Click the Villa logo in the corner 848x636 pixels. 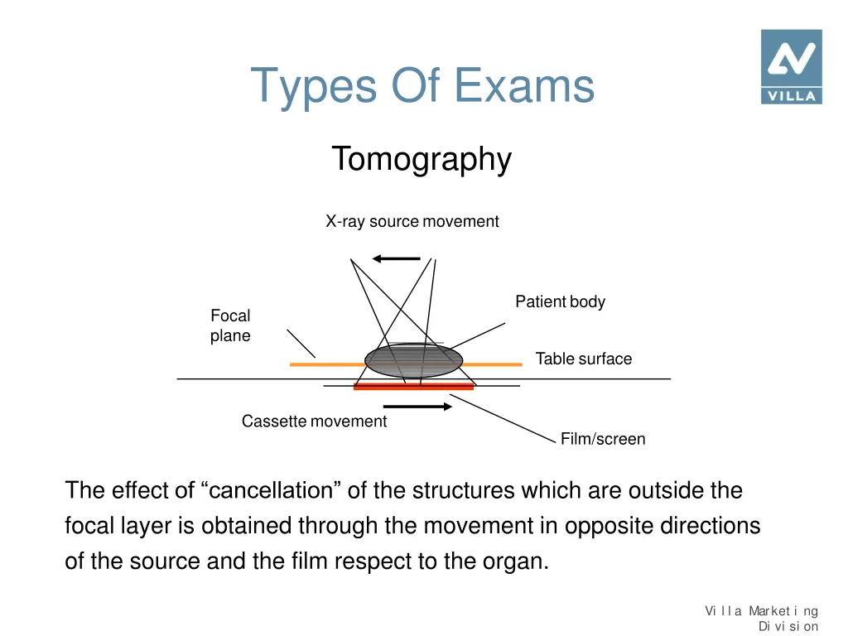[x=791, y=66]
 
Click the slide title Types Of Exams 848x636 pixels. [x=422, y=85]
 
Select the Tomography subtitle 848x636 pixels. [x=422, y=159]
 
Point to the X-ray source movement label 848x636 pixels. [x=412, y=222]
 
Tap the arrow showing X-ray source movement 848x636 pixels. [x=397, y=259]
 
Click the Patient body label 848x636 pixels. [x=560, y=302]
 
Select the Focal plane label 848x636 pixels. [x=230, y=325]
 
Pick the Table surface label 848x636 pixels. [x=583, y=359]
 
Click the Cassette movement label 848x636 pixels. [x=314, y=422]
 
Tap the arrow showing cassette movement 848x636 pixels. [x=418, y=407]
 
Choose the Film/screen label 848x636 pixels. [x=602, y=439]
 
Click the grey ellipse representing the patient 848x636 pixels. [x=414, y=360]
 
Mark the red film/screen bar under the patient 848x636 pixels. [x=413, y=387]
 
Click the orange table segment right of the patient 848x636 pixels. [x=493, y=364]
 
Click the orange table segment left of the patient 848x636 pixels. [x=327, y=364]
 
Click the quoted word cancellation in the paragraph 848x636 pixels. [x=271, y=491]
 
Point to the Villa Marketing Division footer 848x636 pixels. [x=762, y=619]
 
